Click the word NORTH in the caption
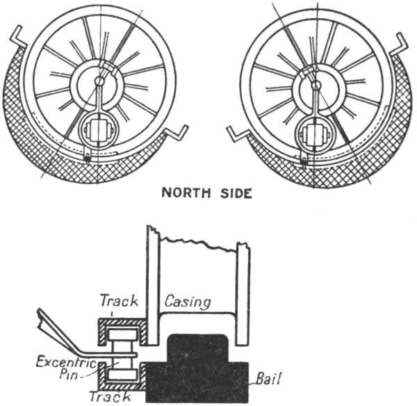186,193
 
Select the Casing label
188,303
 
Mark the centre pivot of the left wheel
100,81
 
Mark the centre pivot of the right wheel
316,85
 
